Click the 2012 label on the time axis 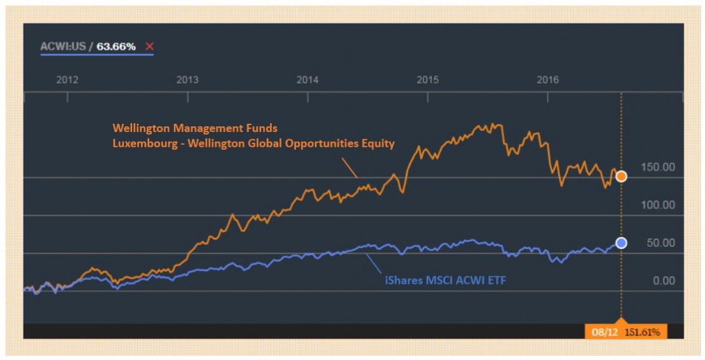tap(67, 80)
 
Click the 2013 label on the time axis tap(187, 80)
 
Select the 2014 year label tap(307, 80)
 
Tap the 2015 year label tap(427, 80)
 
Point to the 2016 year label tap(547, 80)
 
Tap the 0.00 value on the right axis tap(664, 281)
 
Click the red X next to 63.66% tap(149, 46)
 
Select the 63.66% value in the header tap(116, 46)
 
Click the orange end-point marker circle tap(621, 177)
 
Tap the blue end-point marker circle tap(621, 243)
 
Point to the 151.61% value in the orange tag tap(643, 332)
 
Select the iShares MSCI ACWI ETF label tap(445, 280)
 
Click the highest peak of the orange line tap(493, 124)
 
